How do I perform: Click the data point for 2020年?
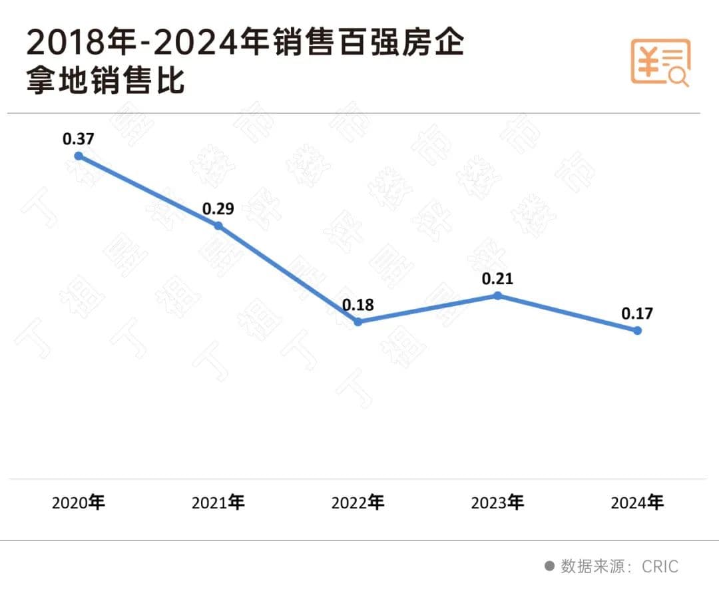click(x=79, y=156)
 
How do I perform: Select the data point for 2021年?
click(x=218, y=226)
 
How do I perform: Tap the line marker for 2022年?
click(x=358, y=321)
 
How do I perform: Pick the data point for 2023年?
click(x=497, y=295)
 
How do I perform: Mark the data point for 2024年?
click(x=637, y=330)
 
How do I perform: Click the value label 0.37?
click(x=79, y=139)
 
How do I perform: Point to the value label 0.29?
click(x=218, y=208)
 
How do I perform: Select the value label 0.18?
click(x=358, y=305)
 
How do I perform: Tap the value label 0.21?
click(x=497, y=278)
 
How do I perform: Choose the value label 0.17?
click(x=637, y=313)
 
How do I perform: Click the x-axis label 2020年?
click(x=79, y=503)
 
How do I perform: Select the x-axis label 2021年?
click(x=218, y=503)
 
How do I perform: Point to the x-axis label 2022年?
click(x=358, y=503)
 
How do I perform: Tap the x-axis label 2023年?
click(x=497, y=503)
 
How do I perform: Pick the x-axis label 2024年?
click(x=637, y=503)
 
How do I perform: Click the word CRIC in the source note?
click(x=660, y=566)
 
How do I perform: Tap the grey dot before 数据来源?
click(x=550, y=566)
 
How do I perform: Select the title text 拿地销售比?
click(x=105, y=84)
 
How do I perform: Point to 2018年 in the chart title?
click(x=67, y=44)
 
